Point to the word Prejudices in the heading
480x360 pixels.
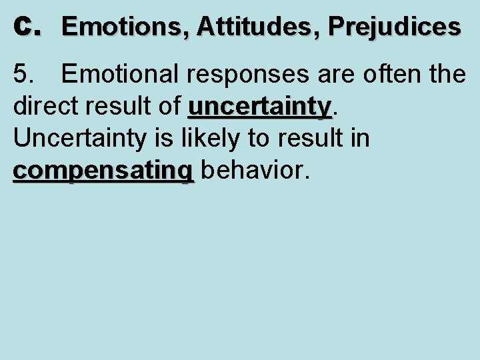[394, 27]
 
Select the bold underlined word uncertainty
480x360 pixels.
[260, 107]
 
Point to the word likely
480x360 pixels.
[220, 139]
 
